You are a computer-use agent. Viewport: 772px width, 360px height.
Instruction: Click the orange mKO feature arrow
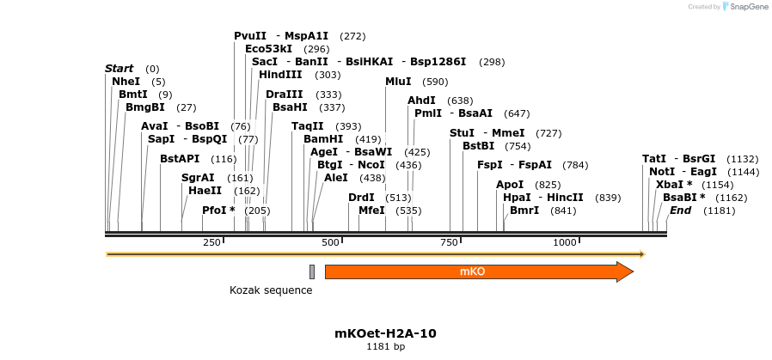(478, 272)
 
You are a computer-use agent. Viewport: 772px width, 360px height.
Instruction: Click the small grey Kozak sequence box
(312, 272)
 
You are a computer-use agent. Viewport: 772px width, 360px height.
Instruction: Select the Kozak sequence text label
(271, 290)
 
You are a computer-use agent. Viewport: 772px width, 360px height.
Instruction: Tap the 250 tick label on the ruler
(212, 243)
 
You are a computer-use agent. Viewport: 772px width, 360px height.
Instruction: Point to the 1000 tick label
(565, 243)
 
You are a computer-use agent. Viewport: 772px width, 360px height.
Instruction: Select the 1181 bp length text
(385, 346)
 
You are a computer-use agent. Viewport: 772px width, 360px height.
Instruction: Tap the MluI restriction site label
(398, 82)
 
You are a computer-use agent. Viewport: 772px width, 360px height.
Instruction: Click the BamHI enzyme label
(323, 139)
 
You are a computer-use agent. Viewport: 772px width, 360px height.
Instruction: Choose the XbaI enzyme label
(670, 185)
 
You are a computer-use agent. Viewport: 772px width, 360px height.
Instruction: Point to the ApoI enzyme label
(510, 185)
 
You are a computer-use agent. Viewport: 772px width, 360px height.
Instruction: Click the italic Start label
(119, 69)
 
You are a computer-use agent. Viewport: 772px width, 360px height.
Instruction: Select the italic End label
(680, 211)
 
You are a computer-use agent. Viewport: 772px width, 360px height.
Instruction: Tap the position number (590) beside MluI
(436, 82)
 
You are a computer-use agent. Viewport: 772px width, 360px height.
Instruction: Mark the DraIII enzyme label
(284, 95)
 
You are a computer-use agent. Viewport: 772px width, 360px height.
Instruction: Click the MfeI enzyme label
(371, 211)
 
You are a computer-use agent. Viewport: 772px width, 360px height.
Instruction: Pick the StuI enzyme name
(462, 133)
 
